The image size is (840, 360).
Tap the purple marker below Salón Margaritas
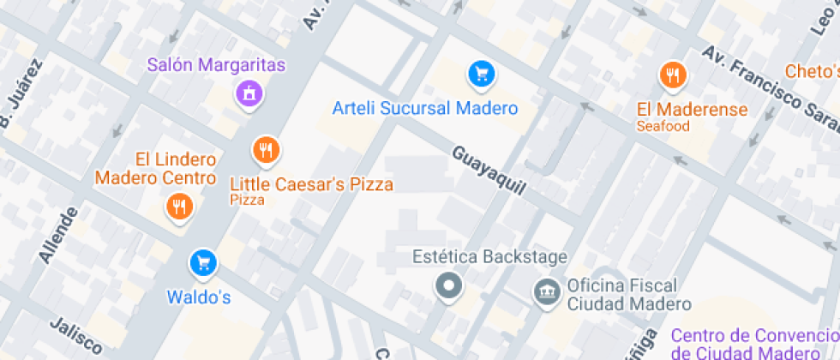[x=249, y=93]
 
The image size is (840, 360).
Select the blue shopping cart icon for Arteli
[x=482, y=74]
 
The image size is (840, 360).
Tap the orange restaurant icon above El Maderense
[x=674, y=76]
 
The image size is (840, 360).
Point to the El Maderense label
[x=692, y=110]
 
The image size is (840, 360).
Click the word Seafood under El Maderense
[x=663, y=127]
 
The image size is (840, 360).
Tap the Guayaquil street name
[x=488, y=169]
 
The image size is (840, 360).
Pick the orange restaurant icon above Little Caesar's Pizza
[x=267, y=151]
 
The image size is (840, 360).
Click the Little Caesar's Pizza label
[x=312, y=184]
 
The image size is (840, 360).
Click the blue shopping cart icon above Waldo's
[x=203, y=263]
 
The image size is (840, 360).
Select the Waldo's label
[x=199, y=297]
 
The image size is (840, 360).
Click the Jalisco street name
[x=76, y=336]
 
